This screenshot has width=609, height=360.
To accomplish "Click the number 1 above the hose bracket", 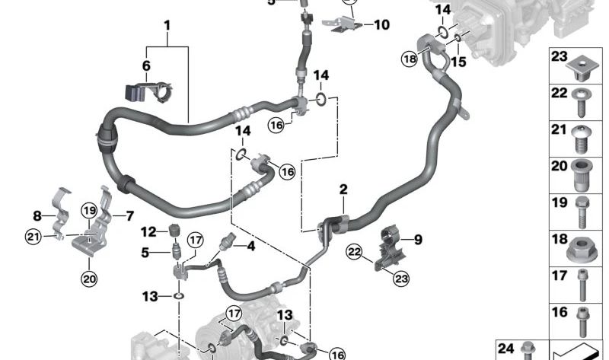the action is [167, 26].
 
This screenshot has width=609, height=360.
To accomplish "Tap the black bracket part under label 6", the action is [148, 92].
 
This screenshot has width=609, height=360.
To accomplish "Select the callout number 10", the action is [381, 25].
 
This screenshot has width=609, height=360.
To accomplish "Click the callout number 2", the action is [343, 190].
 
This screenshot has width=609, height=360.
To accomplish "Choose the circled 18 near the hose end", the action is [410, 59].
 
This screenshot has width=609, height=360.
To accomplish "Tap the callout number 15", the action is [458, 62].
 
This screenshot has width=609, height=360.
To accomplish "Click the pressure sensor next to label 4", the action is [227, 243].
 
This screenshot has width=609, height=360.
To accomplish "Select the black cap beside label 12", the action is [174, 230].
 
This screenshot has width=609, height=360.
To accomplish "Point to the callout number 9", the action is [418, 240].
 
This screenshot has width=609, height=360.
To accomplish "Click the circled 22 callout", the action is [354, 252].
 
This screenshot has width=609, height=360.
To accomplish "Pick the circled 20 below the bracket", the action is [89, 279].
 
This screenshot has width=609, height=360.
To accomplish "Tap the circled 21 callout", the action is [33, 236].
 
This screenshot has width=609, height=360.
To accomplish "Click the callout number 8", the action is [37, 216].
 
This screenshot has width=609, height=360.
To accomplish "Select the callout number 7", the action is [129, 216].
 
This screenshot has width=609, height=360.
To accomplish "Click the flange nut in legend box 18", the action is [579, 250].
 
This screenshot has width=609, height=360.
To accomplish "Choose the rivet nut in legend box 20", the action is [582, 175].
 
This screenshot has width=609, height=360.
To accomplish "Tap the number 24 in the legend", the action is [505, 349].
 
